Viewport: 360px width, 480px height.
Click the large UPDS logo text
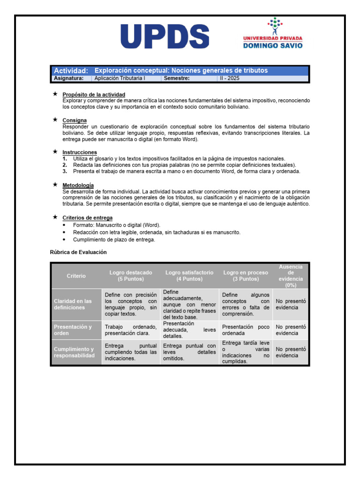tap(165, 37)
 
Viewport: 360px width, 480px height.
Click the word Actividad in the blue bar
tap(71, 71)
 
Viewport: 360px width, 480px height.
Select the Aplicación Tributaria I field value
tap(120, 79)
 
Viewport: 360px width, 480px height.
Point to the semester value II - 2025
tap(230, 79)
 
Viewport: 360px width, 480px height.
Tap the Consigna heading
tap(75, 120)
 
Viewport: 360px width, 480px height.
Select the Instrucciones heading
tap(80, 152)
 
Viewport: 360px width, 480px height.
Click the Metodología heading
tap(78, 185)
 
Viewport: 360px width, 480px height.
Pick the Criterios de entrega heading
tap(87, 217)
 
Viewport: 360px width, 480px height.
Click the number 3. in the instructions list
tap(65, 172)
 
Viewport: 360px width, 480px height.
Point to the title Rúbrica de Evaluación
tap(78, 252)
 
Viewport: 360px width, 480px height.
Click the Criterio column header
tap(76, 276)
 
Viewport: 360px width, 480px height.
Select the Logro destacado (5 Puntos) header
tap(131, 276)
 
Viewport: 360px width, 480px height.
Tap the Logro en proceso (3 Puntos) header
tap(246, 276)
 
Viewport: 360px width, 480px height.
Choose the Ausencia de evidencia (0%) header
tap(291, 276)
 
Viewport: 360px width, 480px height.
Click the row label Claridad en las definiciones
tap(73, 304)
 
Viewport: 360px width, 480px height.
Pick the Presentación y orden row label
tap(73, 330)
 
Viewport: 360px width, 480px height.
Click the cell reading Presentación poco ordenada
tap(246, 330)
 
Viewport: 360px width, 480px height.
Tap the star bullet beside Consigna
tap(55, 120)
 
